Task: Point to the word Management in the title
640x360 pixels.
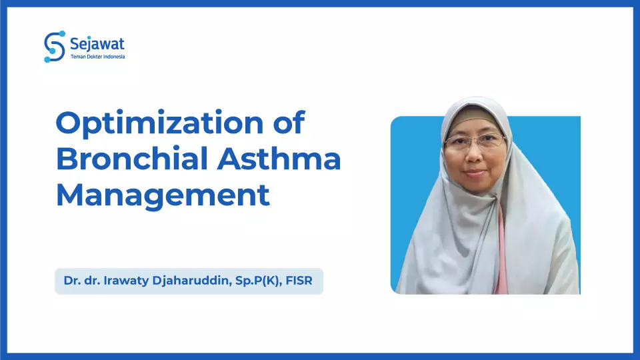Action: click(x=163, y=195)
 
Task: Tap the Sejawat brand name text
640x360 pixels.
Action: click(x=97, y=44)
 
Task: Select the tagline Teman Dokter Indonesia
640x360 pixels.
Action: click(x=97, y=57)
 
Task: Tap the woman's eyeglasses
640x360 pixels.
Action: click(x=475, y=141)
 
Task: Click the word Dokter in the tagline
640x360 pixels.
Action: click(x=93, y=57)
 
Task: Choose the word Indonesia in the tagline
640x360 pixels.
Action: click(x=113, y=57)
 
